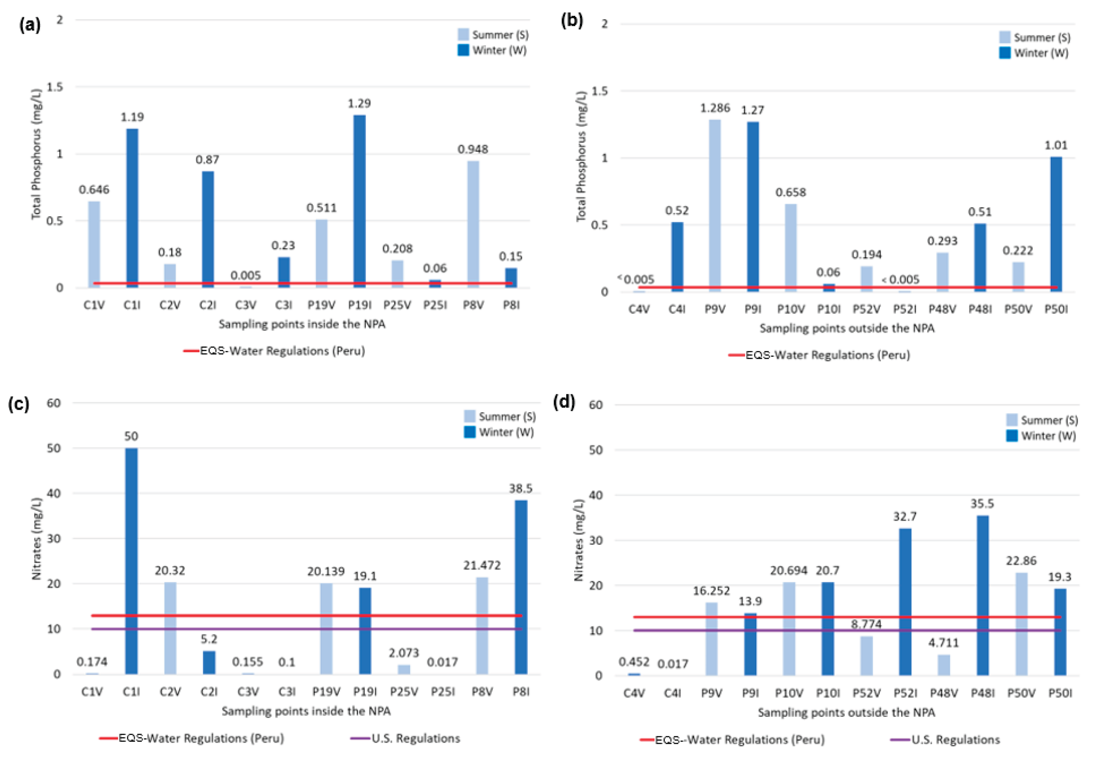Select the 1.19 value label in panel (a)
(x=132, y=117)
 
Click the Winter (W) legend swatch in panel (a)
(x=463, y=50)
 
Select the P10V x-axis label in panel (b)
(x=791, y=309)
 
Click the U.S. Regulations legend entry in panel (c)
(x=405, y=738)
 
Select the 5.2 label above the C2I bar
(x=209, y=639)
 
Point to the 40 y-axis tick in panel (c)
(x=53, y=494)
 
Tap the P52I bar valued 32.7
(x=905, y=602)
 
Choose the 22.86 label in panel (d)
(x=1021, y=561)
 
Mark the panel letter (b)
(x=572, y=22)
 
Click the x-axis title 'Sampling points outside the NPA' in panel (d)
(x=846, y=712)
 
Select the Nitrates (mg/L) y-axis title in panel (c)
(x=37, y=538)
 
